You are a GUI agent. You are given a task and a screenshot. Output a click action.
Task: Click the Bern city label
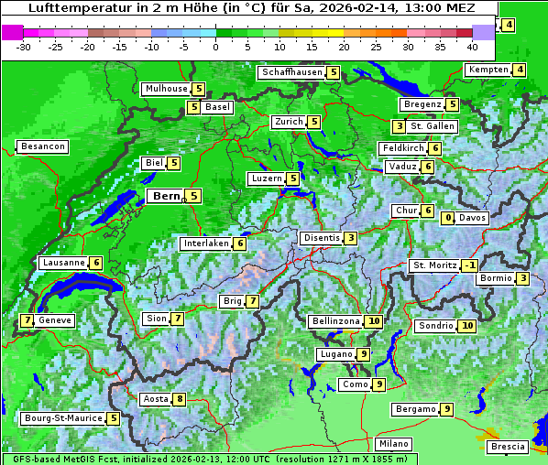click(x=166, y=196)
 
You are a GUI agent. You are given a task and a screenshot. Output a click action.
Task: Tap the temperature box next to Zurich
click(x=314, y=122)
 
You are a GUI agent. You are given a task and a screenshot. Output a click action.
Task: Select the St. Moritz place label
click(x=434, y=265)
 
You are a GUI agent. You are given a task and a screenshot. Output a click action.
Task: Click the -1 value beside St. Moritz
click(x=469, y=265)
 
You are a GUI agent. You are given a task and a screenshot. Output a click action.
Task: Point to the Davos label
click(x=473, y=218)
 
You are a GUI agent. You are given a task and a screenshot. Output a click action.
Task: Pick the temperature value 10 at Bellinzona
click(x=373, y=321)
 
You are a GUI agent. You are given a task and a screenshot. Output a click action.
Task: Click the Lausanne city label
click(x=64, y=263)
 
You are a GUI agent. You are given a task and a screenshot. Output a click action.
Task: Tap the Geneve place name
click(x=55, y=320)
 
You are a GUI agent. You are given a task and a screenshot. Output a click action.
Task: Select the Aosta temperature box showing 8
click(x=180, y=399)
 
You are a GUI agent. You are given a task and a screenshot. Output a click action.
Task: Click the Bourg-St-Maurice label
click(x=62, y=418)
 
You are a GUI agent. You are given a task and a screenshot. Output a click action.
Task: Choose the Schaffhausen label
click(x=291, y=72)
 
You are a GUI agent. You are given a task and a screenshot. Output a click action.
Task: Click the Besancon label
click(x=43, y=146)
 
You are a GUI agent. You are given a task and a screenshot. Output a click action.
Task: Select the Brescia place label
click(x=508, y=447)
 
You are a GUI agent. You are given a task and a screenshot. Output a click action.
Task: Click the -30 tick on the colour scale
click(x=24, y=46)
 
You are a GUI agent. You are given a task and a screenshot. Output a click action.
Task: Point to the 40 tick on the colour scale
click(x=472, y=46)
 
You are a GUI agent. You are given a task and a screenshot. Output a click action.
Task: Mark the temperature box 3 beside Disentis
click(x=351, y=238)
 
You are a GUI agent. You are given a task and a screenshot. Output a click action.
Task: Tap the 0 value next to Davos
click(x=448, y=218)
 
